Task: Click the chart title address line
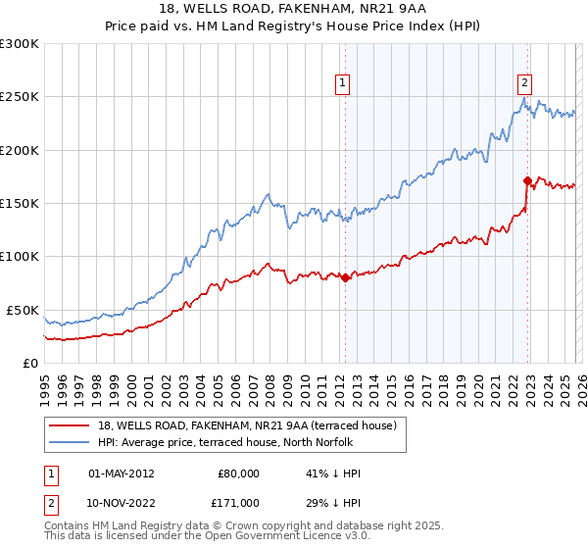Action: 293,9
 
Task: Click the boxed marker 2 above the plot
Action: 525,83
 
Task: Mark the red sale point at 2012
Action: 345,278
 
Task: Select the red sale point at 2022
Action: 527,180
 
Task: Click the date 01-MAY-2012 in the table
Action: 122,474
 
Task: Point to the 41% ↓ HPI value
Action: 333,474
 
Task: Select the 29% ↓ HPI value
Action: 333,502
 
